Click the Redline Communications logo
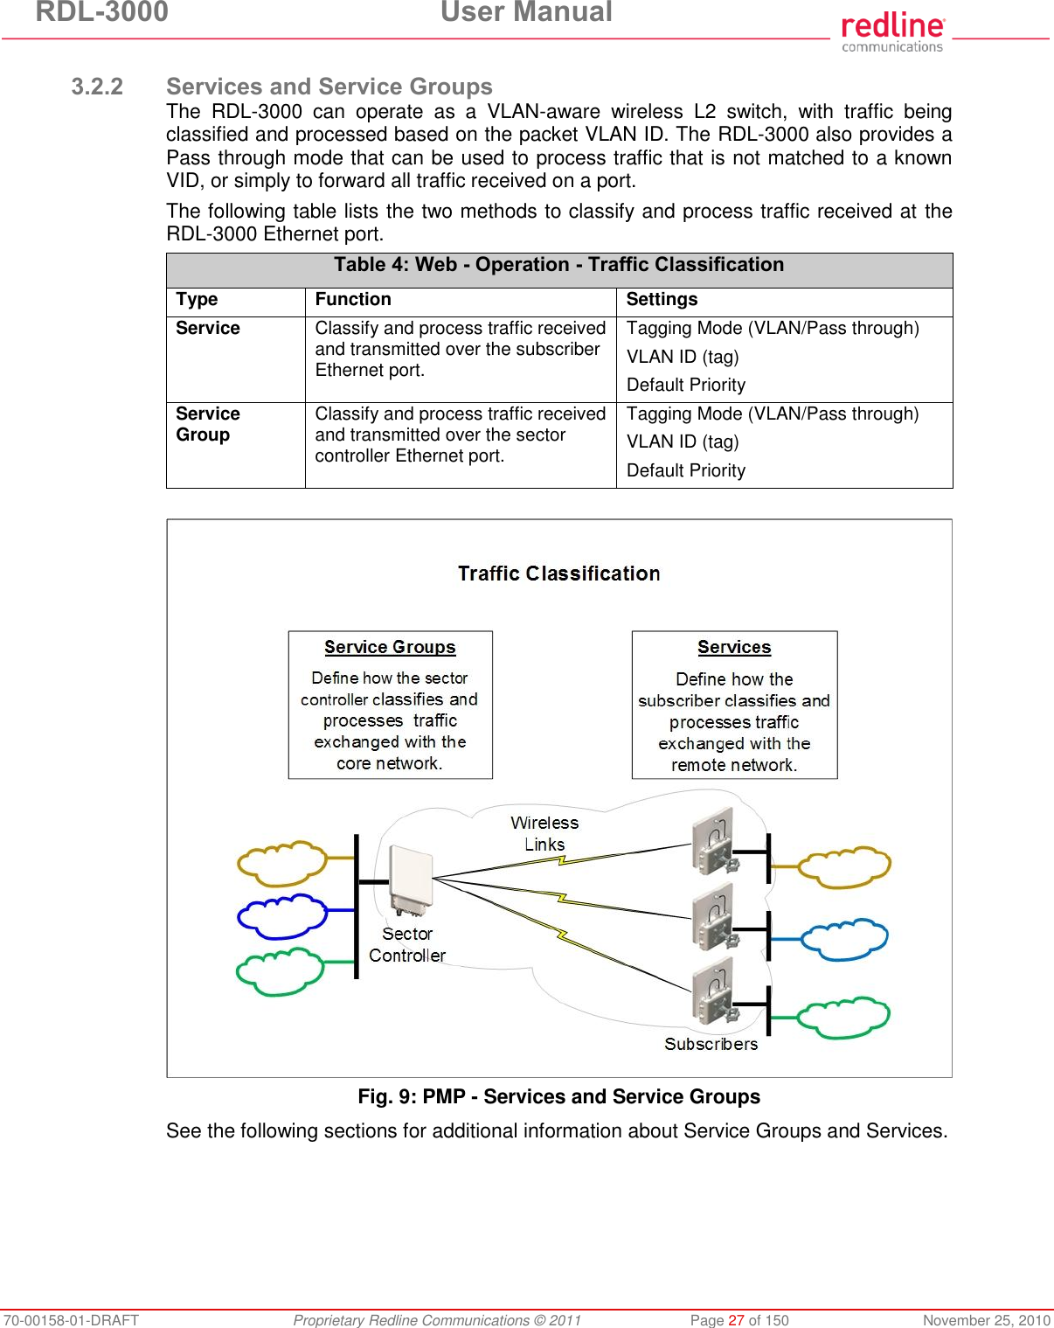pyautogui.click(x=892, y=32)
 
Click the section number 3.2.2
pyautogui.click(x=97, y=87)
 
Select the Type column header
pyautogui.click(x=197, y=299)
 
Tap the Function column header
pyautogui.click(x=353, y=299)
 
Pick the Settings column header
pyautogui.click(x=662, y=299)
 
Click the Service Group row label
pyautogui.click(x=208, y=424)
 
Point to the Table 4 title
pyautogui.click(x=558, y=265)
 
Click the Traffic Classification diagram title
pyautogui.click(x=558, y=574)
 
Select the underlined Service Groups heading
pyautogui.click(x=390, y=647)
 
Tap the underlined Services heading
pyautogui.click(x=734, y=647)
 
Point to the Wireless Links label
pyautogui.click(x=544, y=833)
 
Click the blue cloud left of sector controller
pyautogui.click(x=281, y=915)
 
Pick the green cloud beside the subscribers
pyautogui.click(x=843, y=1018)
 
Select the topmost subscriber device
pyautogui.click(x=713, y=841)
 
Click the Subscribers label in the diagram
pyautogui.click(x=711, y=1044)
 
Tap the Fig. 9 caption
pyautogui.click(x=558, y=1096)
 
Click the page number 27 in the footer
pyautogui.click(x=736, y=1320)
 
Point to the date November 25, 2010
pyautogui.click(x=987, y=1320)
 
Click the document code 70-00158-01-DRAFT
pyautogui.click(x=71, y=1320)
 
